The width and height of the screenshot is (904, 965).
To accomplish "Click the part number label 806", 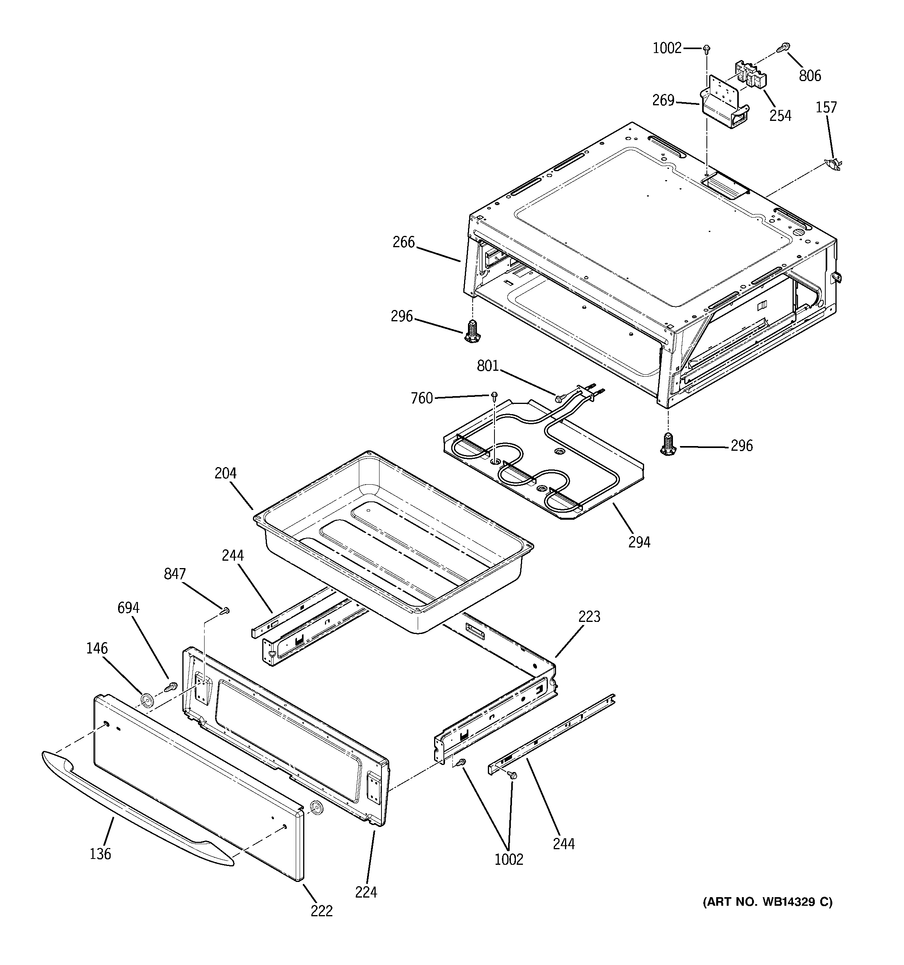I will tap(810, 75).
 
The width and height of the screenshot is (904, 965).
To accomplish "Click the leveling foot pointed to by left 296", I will tap(470, 331).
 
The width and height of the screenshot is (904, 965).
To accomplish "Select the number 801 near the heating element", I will tap(488, 366).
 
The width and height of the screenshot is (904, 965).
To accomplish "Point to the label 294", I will tap(639, 542).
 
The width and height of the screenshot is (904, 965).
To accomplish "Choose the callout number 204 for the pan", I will tap(225, 473).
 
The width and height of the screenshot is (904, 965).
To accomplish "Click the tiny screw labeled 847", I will tap(226, 612).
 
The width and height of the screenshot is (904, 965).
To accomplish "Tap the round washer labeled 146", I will tap(146, 700).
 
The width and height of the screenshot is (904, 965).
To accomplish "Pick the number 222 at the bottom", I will tap(322, 911).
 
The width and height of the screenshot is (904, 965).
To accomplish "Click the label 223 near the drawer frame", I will tap(589, 616).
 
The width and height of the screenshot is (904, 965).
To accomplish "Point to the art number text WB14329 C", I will tap(767, 902).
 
